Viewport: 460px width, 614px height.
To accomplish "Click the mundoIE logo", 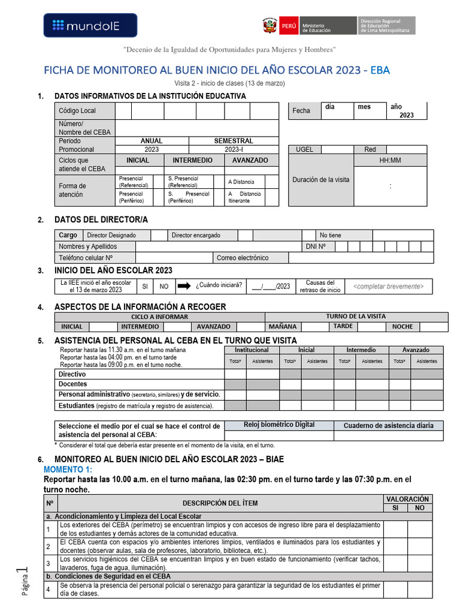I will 90,25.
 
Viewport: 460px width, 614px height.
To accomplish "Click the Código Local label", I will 77,111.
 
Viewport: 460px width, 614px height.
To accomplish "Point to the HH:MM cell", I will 391,161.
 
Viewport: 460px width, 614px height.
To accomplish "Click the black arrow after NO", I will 183,286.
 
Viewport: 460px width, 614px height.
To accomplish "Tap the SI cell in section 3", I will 145,287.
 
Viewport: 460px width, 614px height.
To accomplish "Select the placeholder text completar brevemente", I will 388,287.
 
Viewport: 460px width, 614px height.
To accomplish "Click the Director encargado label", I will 196,236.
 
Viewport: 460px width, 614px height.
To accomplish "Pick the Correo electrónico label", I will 243,258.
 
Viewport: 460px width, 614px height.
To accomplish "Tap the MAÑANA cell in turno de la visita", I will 282,327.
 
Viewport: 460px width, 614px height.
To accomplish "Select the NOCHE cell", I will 402,327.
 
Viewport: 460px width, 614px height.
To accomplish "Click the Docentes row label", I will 72,384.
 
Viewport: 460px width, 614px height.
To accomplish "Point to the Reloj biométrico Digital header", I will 279,425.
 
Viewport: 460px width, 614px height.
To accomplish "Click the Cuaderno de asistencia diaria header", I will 388,426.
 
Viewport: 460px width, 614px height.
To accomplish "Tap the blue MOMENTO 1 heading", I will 68,469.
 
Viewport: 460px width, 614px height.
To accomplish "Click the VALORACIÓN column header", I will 407,499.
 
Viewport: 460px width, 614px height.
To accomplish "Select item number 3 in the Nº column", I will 48,563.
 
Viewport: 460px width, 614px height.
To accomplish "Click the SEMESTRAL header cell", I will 234,141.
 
